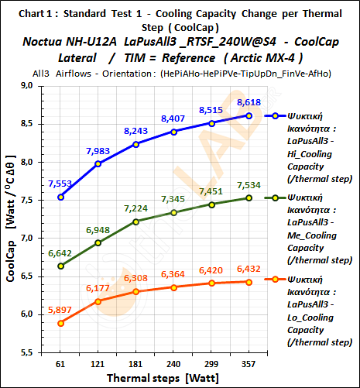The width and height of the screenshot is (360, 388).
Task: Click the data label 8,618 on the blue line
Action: click(249, 102)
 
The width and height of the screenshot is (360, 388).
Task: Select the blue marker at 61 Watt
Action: click(60, 197)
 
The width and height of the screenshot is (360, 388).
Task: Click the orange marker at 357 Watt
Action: click(249, 282)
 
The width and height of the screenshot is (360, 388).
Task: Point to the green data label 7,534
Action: click(249, 184)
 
